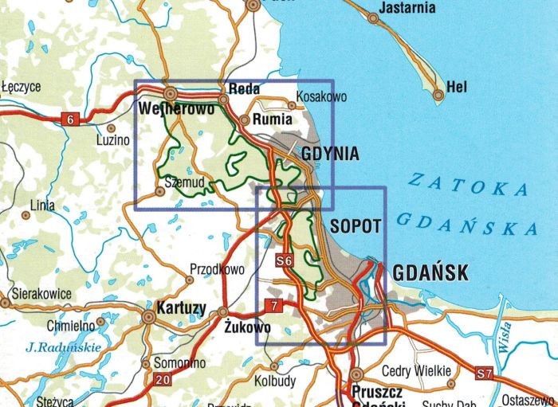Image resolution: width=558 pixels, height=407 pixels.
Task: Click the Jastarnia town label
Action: [408, 7]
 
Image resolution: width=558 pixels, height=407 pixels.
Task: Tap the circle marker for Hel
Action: [438, 96]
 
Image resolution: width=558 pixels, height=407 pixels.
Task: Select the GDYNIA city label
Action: [330, 153]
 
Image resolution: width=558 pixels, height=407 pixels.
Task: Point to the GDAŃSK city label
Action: [429, 273]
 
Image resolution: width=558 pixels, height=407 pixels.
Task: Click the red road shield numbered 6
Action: [71, 119]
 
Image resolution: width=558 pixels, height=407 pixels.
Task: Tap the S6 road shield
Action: [284, 260]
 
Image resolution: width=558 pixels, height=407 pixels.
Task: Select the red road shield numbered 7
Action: [273, 304]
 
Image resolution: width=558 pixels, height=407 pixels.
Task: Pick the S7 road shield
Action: [485, 372]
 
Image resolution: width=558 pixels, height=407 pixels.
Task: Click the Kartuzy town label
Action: [183, 307]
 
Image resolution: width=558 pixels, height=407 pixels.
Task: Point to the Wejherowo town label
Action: [175, 108]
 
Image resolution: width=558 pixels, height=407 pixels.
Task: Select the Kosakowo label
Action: [321, 96]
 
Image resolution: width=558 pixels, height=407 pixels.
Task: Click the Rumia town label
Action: [273, 120]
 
